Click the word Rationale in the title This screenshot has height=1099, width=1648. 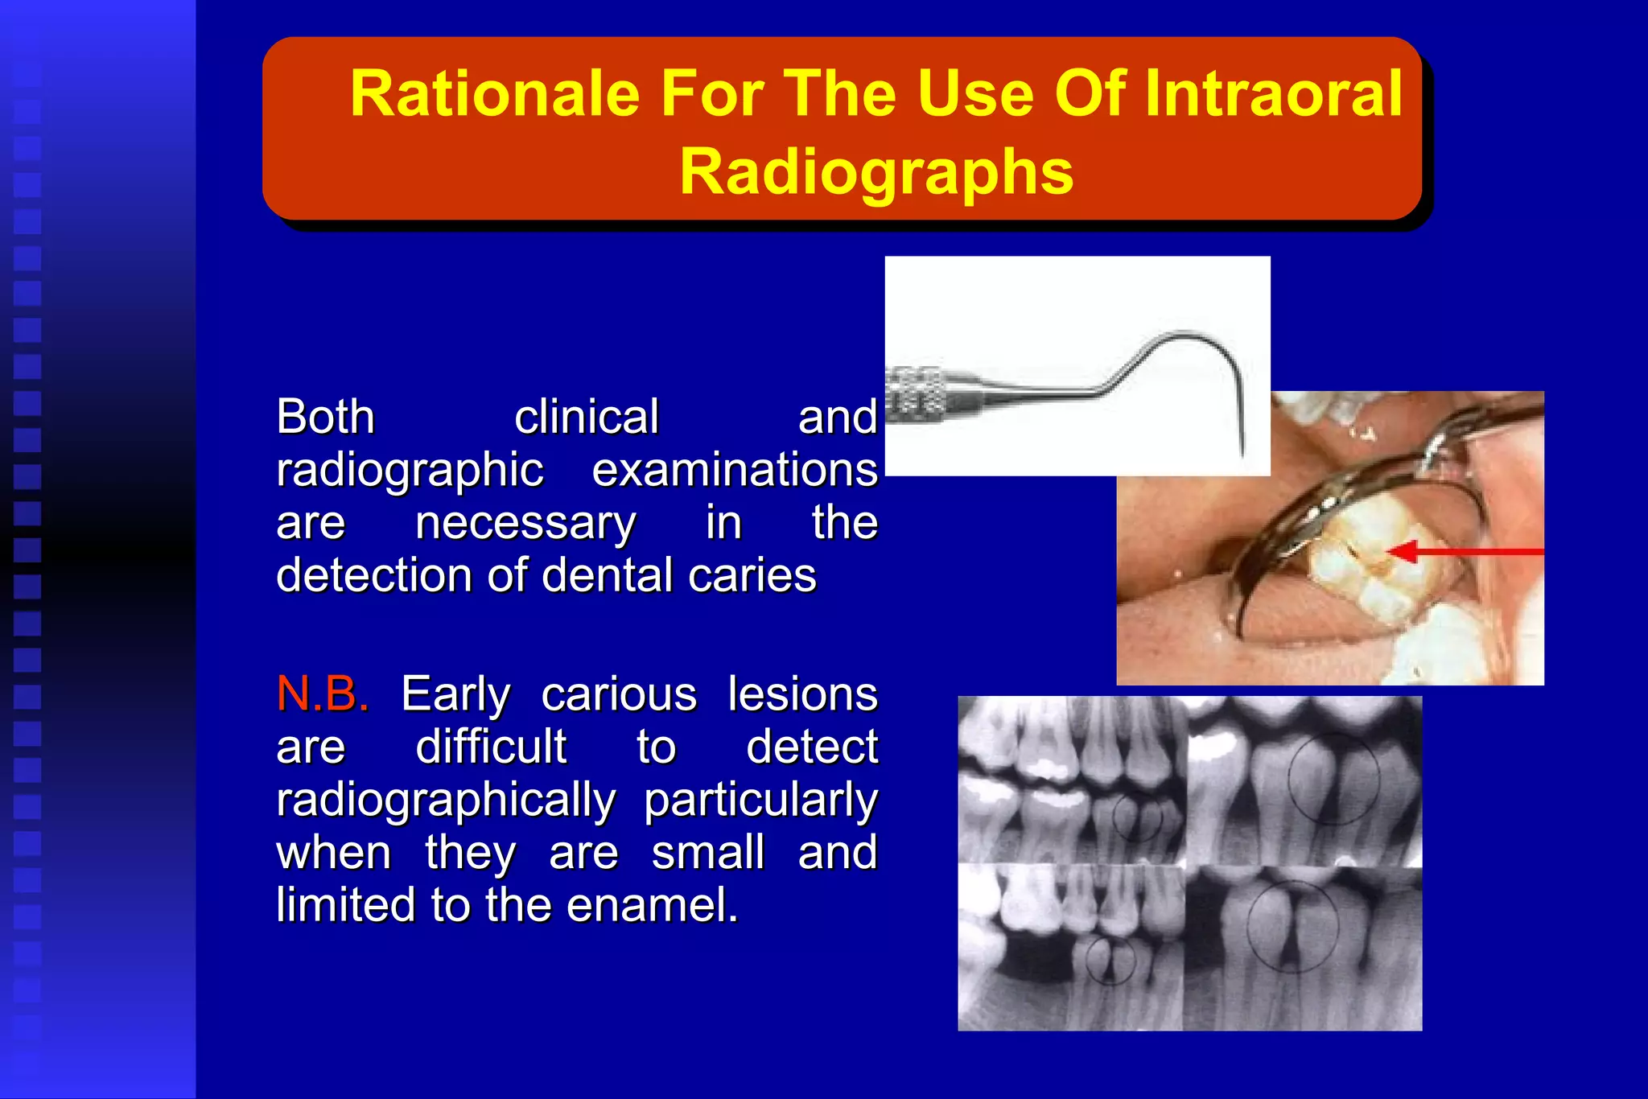494,94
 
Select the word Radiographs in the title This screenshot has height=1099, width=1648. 876,171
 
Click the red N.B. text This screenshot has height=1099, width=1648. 323,694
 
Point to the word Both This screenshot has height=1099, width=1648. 325,417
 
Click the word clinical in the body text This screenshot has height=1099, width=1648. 587,417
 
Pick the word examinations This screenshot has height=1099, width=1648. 734,470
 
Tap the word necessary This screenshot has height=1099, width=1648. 525,523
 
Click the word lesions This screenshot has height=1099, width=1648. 802,694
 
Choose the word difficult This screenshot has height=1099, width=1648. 491,747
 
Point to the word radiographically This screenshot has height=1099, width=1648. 446,801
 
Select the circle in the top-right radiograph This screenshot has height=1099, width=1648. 1333,779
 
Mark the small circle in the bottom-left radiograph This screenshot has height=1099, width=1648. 1110,960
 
